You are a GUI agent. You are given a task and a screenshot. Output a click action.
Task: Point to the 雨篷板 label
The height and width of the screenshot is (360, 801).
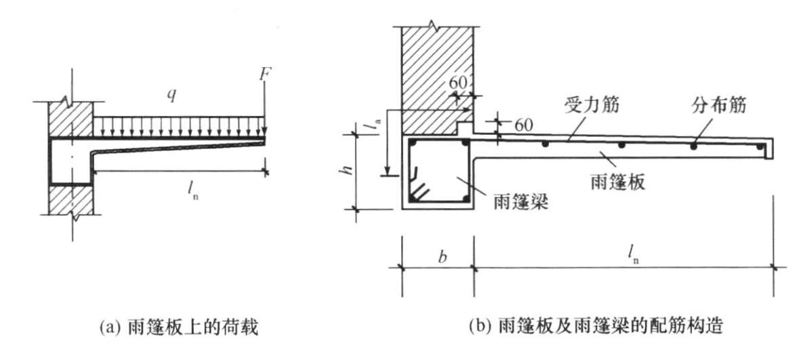coord(617,182)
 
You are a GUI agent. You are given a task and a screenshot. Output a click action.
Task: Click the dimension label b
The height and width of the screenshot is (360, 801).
coord(443,257)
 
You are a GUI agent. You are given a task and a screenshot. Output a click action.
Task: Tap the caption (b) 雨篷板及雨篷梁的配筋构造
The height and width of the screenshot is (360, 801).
coord(596,325)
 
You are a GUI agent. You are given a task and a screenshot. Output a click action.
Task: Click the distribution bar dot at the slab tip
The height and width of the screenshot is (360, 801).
coord(760,146)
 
